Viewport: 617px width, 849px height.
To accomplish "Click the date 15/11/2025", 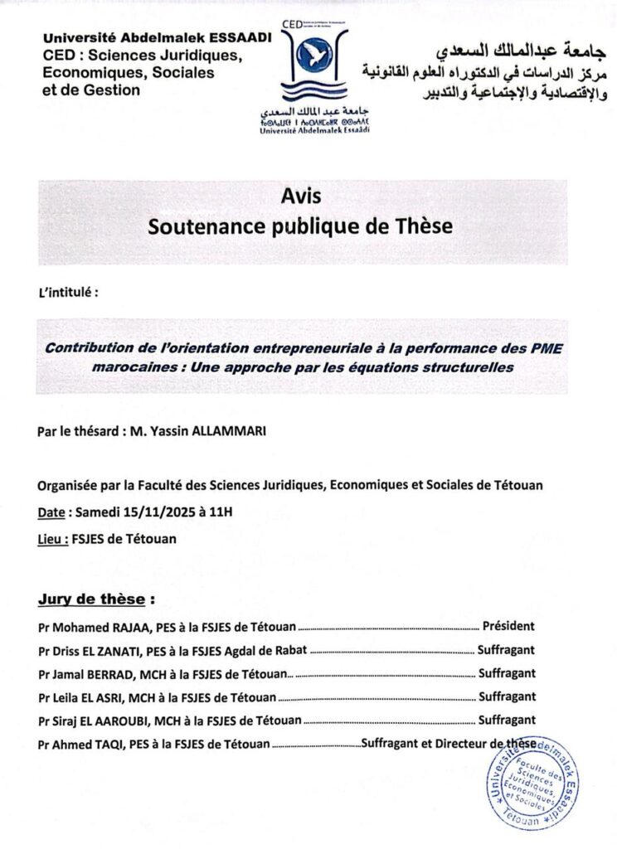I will click(152, 512).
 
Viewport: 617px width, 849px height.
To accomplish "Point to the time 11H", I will click(221, 512).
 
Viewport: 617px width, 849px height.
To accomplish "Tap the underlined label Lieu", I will click(52, 538).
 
